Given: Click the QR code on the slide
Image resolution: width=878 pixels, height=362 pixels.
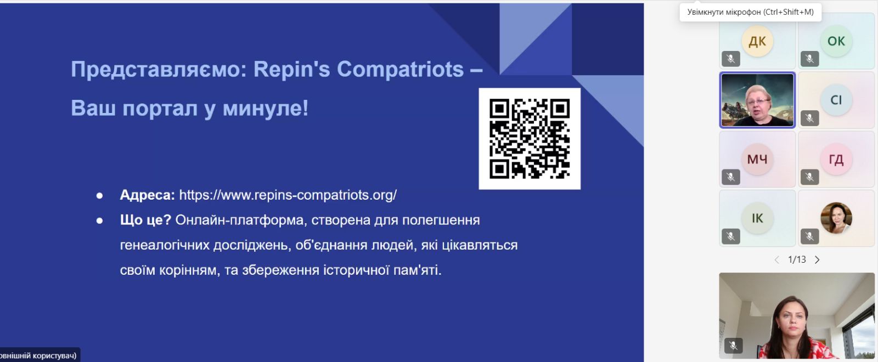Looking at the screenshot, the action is pos(530,139).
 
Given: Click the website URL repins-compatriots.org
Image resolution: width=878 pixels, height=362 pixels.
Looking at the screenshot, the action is pos(288,195).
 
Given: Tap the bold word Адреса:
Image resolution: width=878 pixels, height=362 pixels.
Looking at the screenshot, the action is pos(148,195).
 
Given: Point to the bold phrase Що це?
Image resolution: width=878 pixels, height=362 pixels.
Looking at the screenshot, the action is pos(145,220).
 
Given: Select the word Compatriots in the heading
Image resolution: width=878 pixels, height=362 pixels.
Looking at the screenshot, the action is pos(400,69).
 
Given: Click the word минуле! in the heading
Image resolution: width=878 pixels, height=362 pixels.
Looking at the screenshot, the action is pos(266,108).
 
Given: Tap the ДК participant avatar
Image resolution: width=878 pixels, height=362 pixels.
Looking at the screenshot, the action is pos(757,41).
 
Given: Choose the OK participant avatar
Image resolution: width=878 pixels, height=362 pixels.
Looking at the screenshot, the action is pos(836,41).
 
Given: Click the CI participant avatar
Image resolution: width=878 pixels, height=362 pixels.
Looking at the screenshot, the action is pos(836,100).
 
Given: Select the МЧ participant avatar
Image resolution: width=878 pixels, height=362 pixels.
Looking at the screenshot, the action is pos(757,159).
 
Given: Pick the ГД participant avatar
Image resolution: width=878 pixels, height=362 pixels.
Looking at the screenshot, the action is pos(836,159).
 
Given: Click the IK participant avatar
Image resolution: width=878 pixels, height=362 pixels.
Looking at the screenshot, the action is pos(757,218).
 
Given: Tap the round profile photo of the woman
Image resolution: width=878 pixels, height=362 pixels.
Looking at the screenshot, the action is pos(836,218).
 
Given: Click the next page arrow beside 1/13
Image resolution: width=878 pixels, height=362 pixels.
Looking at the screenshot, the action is pos(817,260).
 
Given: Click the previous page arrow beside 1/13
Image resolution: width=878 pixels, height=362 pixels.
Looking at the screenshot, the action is pos(777,260).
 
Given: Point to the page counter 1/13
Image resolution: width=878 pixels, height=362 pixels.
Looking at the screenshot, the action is pos(797,259).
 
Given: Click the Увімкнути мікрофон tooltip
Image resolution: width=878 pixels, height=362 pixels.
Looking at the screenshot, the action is pos(751,12).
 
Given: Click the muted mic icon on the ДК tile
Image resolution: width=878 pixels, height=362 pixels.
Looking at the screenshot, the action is pos(731,59).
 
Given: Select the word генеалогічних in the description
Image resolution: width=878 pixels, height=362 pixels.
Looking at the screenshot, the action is pos(165,245).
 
